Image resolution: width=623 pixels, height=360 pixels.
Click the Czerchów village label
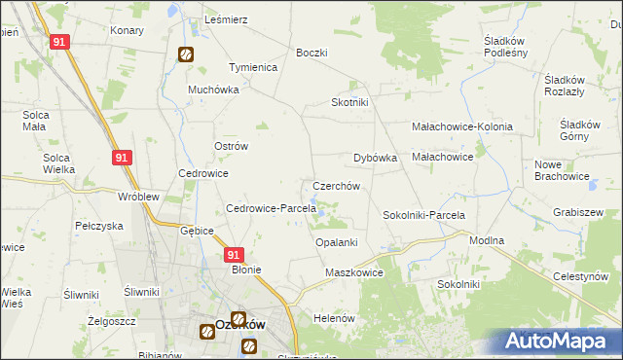tap(337, 186)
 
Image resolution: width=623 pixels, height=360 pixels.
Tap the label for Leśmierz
tap(227, 19)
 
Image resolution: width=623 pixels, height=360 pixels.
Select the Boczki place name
tap(311, 53)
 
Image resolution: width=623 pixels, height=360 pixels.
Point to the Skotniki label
tap(349, 102)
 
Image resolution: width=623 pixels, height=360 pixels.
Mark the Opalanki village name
tap(337, 242)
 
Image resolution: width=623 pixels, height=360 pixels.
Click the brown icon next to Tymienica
tap(185, 55)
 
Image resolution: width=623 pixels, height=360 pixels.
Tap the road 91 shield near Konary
tap(60, 42)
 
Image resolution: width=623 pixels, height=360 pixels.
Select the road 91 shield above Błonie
tap(234, 254)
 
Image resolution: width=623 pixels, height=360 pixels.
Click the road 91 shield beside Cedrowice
tap(121, 158)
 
